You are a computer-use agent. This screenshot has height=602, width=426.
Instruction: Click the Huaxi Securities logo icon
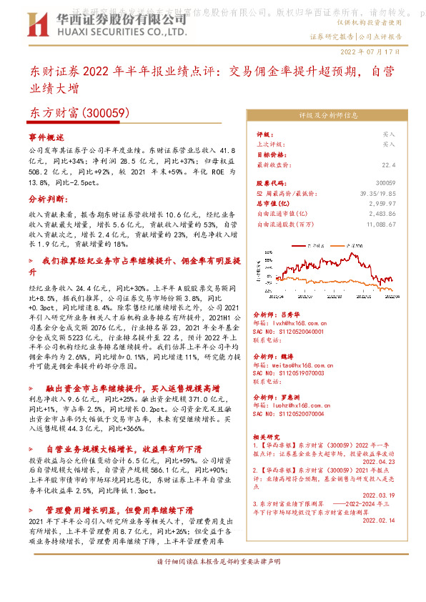click(x=36, y=25)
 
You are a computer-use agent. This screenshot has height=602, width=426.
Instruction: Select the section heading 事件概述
click(x=46, y=136)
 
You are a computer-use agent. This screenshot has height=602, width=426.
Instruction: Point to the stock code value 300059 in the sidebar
click(x=405, y=184)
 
